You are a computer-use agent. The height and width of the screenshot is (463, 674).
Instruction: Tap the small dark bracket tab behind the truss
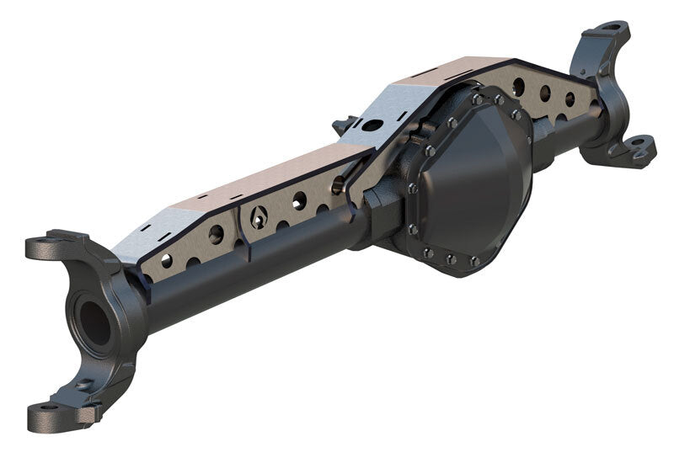click(x=343, y=127)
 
